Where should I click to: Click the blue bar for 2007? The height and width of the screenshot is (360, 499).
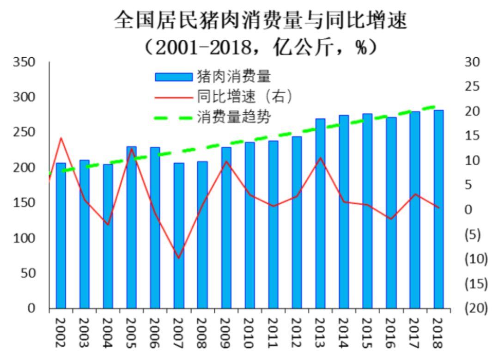(x=179, y=236)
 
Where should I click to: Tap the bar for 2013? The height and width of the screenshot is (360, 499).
(x=320, y=214)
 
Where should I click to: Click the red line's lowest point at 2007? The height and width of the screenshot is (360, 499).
(x=179, y=258)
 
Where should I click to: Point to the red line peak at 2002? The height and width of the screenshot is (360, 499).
(x=61, y=138)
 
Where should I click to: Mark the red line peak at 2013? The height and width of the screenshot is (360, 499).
(x=320, y=158)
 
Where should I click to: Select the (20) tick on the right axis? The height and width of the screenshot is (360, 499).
(x=476, y=308)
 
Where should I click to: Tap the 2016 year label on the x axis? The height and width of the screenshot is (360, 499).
(x=391, y=332)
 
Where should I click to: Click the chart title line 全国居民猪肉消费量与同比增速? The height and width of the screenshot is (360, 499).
(x=261, y=21)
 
